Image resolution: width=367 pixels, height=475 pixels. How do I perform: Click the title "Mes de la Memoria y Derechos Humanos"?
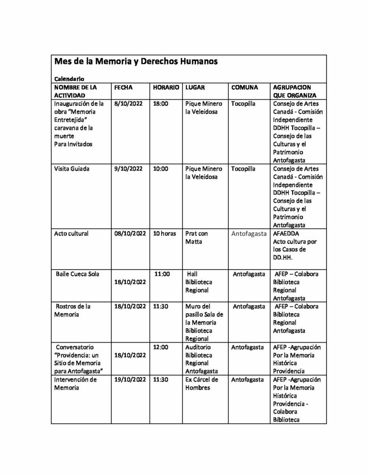pos(136,62)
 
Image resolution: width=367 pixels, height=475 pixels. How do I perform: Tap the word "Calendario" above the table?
pos(69,79)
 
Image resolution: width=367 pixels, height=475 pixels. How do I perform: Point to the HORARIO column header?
pos(166,87)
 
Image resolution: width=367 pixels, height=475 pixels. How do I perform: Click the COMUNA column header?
pos(244,87)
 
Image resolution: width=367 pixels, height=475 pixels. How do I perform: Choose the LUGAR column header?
pos(195,87)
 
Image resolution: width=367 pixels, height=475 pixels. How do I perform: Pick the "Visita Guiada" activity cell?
pos(71,168)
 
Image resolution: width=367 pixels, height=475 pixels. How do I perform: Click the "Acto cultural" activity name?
pos(71,233)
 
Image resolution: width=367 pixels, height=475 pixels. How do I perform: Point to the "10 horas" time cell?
pos(164,233)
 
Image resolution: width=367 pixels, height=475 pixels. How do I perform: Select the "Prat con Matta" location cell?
pos(197,237)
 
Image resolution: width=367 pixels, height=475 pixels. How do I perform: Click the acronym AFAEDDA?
pos(287,233)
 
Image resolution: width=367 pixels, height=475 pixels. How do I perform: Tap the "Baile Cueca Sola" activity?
pos(77,274)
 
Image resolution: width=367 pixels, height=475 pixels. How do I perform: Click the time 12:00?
pos(161,347)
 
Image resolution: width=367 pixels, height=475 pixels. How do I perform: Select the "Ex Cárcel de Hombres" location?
pos(202,384)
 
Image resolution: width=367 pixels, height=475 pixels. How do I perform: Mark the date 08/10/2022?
pos(130,233)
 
